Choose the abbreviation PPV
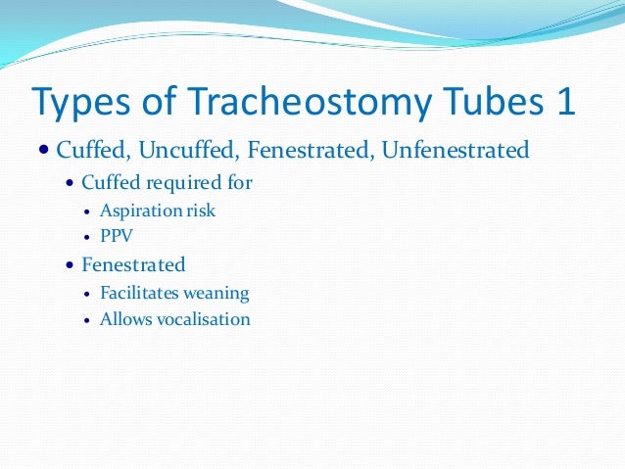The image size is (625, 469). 116,236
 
